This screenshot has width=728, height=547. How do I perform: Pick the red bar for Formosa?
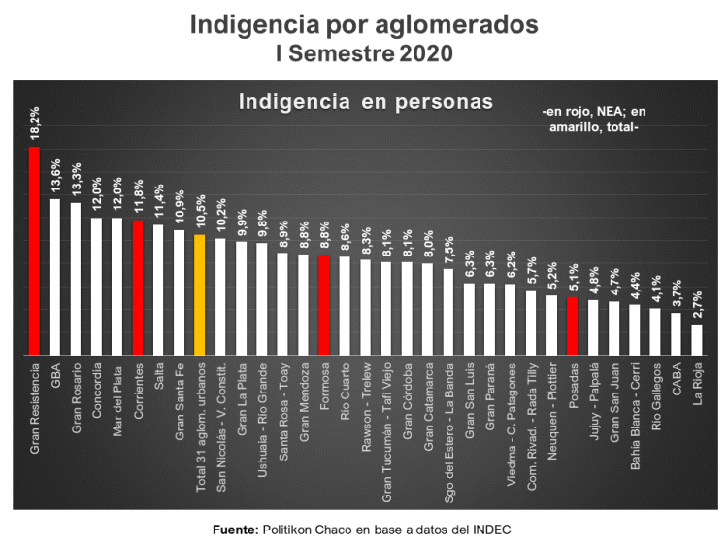pos(324,304)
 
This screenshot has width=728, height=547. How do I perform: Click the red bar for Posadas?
pos(573,325)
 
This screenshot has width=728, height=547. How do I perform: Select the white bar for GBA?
pos(54,276)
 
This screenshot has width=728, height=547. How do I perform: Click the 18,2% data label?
pos(35,123)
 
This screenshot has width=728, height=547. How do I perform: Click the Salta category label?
pos(158,374)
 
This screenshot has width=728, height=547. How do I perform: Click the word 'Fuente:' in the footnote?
pos(236,530)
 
